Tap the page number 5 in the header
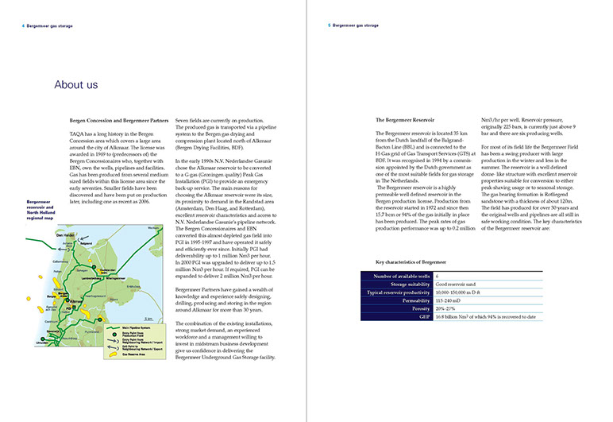[x=329, y=25]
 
